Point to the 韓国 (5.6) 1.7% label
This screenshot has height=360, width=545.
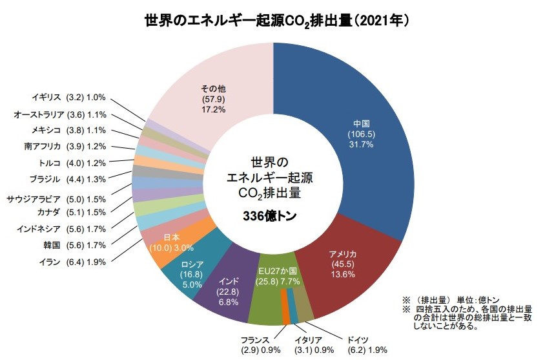(70, 245)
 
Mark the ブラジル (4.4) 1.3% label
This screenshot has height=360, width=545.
(68, 178)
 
